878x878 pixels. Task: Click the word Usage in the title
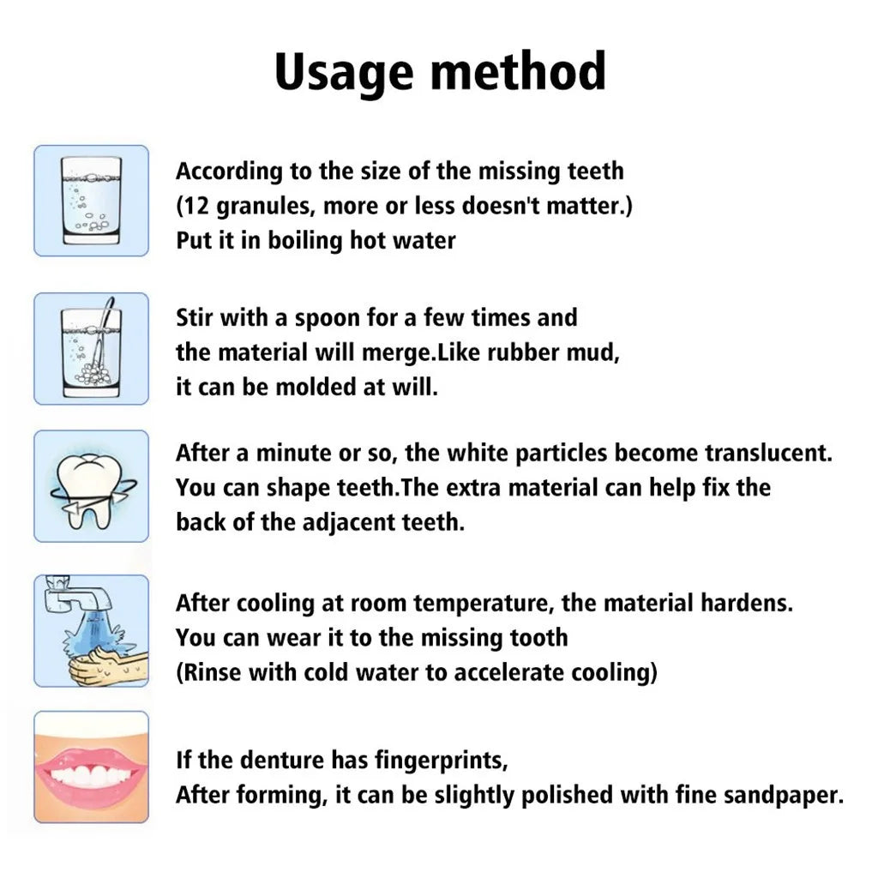click(346, 72)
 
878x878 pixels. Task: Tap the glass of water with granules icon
click(91, 201)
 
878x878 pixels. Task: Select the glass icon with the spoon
click(91, 348)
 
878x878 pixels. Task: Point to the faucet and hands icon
click(91, 630)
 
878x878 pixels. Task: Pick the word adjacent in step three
click(343, 522)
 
